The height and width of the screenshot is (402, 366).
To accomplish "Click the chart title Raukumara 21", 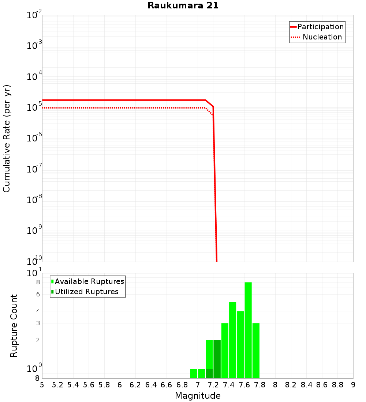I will (x=183, y=6).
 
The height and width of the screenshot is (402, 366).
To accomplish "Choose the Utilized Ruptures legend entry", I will (x=86, y=292).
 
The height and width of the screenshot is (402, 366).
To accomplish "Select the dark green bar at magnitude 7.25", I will (x=217, y=359).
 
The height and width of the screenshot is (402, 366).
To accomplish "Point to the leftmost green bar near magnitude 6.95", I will (x=194, y=373).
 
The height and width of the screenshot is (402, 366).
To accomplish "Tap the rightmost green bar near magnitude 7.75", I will (x=256, y=350).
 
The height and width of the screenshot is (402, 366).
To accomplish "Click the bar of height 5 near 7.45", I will (x=232, y=340).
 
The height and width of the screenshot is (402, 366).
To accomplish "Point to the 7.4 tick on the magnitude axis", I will (x=229, y=385).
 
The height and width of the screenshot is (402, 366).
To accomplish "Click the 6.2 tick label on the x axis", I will (x=135, y=385).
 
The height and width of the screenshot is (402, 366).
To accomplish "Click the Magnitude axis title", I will (x=198, y=396).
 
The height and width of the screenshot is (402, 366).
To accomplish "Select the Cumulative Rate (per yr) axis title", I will (x=7, y=138).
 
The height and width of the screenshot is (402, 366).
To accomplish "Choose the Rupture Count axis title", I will (x=14, y=325).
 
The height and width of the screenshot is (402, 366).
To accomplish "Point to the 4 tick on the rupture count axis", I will (x=38, y=311).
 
